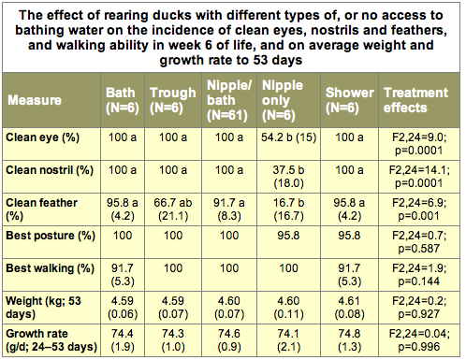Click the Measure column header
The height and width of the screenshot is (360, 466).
35,100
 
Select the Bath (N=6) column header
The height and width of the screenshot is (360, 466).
123,100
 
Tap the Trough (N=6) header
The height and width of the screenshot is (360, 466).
173,100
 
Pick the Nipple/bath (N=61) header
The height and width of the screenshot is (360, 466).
229,100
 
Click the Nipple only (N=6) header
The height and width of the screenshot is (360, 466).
283,100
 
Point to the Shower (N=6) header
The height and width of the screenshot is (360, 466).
349,100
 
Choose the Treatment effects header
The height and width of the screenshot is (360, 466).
415,100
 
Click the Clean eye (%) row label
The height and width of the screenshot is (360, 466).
43,137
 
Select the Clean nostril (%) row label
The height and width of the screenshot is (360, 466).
50,170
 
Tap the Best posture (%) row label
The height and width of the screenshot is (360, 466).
51,236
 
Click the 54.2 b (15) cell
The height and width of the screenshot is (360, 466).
288,137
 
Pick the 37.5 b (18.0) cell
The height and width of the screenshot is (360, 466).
288,177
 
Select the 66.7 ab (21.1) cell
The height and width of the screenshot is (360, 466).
173,209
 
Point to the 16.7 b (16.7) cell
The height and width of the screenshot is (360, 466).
288,209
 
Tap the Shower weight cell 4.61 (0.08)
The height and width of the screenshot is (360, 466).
349,308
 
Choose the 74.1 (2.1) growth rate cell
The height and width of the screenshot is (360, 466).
288,340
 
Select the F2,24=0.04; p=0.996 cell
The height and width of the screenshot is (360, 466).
419,340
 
